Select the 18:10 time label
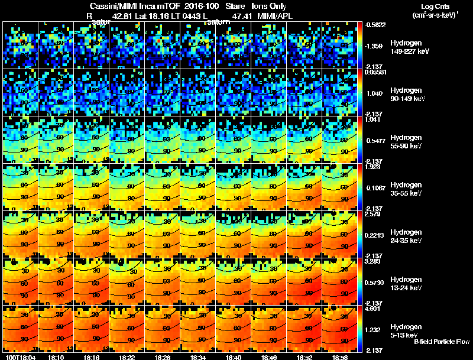tap(56, 358)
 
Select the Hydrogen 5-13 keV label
tap(406, 331)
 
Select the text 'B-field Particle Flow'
tap(442, 342)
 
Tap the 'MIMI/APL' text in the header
tap(276, 17)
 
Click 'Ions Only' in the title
tap(269, 6)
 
